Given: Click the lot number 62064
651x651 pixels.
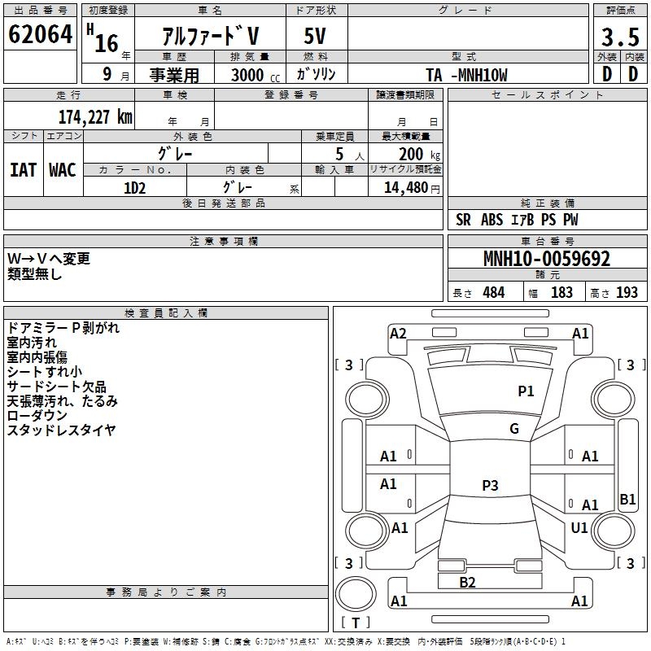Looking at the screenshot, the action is coord(40,37).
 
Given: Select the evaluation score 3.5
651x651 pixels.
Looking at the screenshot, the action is coord(619,38).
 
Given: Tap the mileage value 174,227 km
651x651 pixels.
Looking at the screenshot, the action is coord(94,116).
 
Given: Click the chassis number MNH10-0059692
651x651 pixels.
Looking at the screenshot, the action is coord(546,259).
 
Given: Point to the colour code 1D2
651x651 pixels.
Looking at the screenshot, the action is coord(134,187).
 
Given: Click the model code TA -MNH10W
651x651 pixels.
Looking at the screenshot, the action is coord(466,75).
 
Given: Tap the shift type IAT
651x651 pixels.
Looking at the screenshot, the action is coord(23,169).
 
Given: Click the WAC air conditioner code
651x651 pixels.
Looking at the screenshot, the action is coord(63,169).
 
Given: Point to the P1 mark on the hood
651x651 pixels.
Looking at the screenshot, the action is coord(526,391).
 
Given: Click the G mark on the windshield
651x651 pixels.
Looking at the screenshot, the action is coord(513,429).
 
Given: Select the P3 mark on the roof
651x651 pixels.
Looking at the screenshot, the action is coord(489,486).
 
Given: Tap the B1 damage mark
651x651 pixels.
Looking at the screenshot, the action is coord(627,500).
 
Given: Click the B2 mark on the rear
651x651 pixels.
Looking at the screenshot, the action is coord(467,582).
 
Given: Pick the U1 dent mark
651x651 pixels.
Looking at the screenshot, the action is coord(579,528).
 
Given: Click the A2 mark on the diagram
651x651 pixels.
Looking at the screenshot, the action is coord(398,333).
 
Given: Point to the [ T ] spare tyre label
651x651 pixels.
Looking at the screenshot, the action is coord(356,623).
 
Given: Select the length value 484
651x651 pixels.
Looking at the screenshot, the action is coord(493,293).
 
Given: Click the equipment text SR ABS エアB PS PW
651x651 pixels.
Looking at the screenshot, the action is coord(517,220).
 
